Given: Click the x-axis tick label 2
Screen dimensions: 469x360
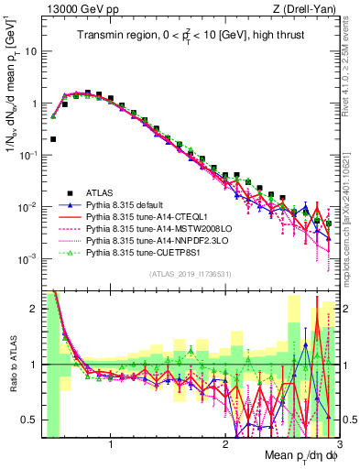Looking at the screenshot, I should coord(224,446).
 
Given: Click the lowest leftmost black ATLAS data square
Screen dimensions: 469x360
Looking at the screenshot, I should coord(54,139).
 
